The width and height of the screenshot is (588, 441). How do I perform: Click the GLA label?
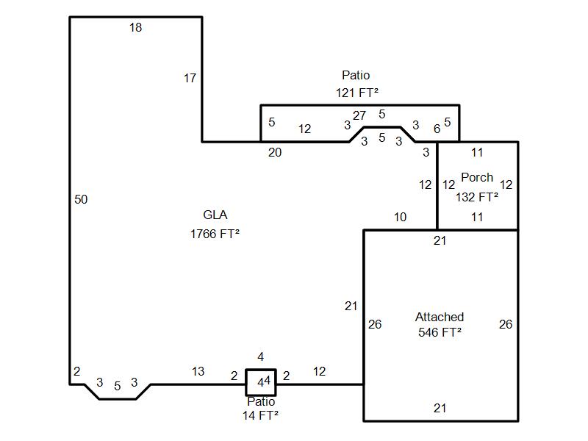tap(215, 215)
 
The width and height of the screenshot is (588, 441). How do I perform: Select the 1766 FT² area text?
tap(215, 234)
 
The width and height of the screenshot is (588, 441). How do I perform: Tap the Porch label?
tap(477, 178)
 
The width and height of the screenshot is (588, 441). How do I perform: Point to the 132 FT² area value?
tap(477, 197)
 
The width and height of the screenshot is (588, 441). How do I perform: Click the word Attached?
tap(440, 317)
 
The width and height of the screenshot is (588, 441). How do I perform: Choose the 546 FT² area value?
tap(440, 332)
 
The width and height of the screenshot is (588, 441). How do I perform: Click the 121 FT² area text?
tap(356, 93)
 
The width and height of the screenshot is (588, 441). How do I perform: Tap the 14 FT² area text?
tap(260, 416)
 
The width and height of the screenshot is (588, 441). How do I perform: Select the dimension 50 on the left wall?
tap(81, 199)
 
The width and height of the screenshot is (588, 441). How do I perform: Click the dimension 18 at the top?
tap(135, 28)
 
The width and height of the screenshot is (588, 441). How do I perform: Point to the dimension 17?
tap(190, 78)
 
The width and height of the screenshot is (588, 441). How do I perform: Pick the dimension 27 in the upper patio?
tap(359, 115)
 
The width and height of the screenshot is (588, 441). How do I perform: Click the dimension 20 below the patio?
tap(274, 153)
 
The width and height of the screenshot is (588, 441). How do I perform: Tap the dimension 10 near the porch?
tap(400, 217)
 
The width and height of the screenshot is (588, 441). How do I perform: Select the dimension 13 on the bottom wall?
tap(198, 372)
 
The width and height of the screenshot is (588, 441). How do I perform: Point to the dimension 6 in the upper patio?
tap(437, 129)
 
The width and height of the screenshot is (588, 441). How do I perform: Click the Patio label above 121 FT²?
tap(356, 75)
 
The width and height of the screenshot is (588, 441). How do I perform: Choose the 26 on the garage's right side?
tap(506, 324)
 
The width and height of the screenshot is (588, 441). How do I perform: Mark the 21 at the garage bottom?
tap(440, 409)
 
